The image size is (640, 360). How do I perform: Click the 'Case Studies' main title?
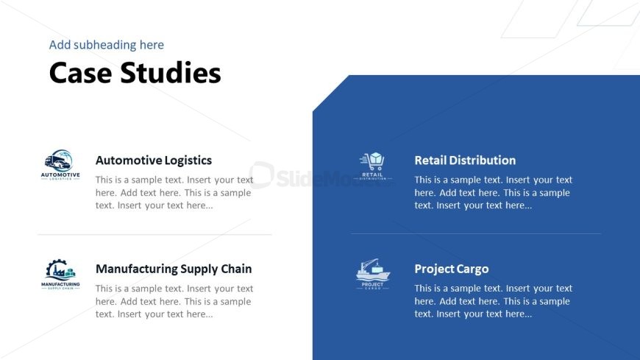(135, 73)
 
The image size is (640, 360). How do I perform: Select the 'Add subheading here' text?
(107, 45)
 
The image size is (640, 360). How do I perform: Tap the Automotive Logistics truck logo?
(60, 165)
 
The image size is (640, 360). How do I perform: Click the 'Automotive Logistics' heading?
(154, 160)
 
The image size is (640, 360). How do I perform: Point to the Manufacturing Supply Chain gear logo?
(60, 274)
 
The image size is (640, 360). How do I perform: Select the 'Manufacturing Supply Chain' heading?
(174, 269)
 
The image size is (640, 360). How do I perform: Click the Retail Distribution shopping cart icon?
(373, 166)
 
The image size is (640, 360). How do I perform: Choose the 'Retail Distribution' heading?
(465, 160)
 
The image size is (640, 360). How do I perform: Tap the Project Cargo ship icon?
(373, 274)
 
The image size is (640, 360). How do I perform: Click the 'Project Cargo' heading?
(452, 269)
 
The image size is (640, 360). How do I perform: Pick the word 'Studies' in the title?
(171, 73)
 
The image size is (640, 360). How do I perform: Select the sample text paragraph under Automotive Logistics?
(174, 192)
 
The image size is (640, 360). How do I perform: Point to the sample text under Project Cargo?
(494, 301)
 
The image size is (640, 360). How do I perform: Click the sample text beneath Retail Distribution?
(494, 192)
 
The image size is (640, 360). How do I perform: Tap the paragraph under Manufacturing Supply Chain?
(174, 301)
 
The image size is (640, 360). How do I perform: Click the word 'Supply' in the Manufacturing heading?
(199, 269)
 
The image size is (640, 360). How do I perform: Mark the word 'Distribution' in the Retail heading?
(483, 160)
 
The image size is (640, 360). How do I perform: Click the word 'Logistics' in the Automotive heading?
(188, 160)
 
